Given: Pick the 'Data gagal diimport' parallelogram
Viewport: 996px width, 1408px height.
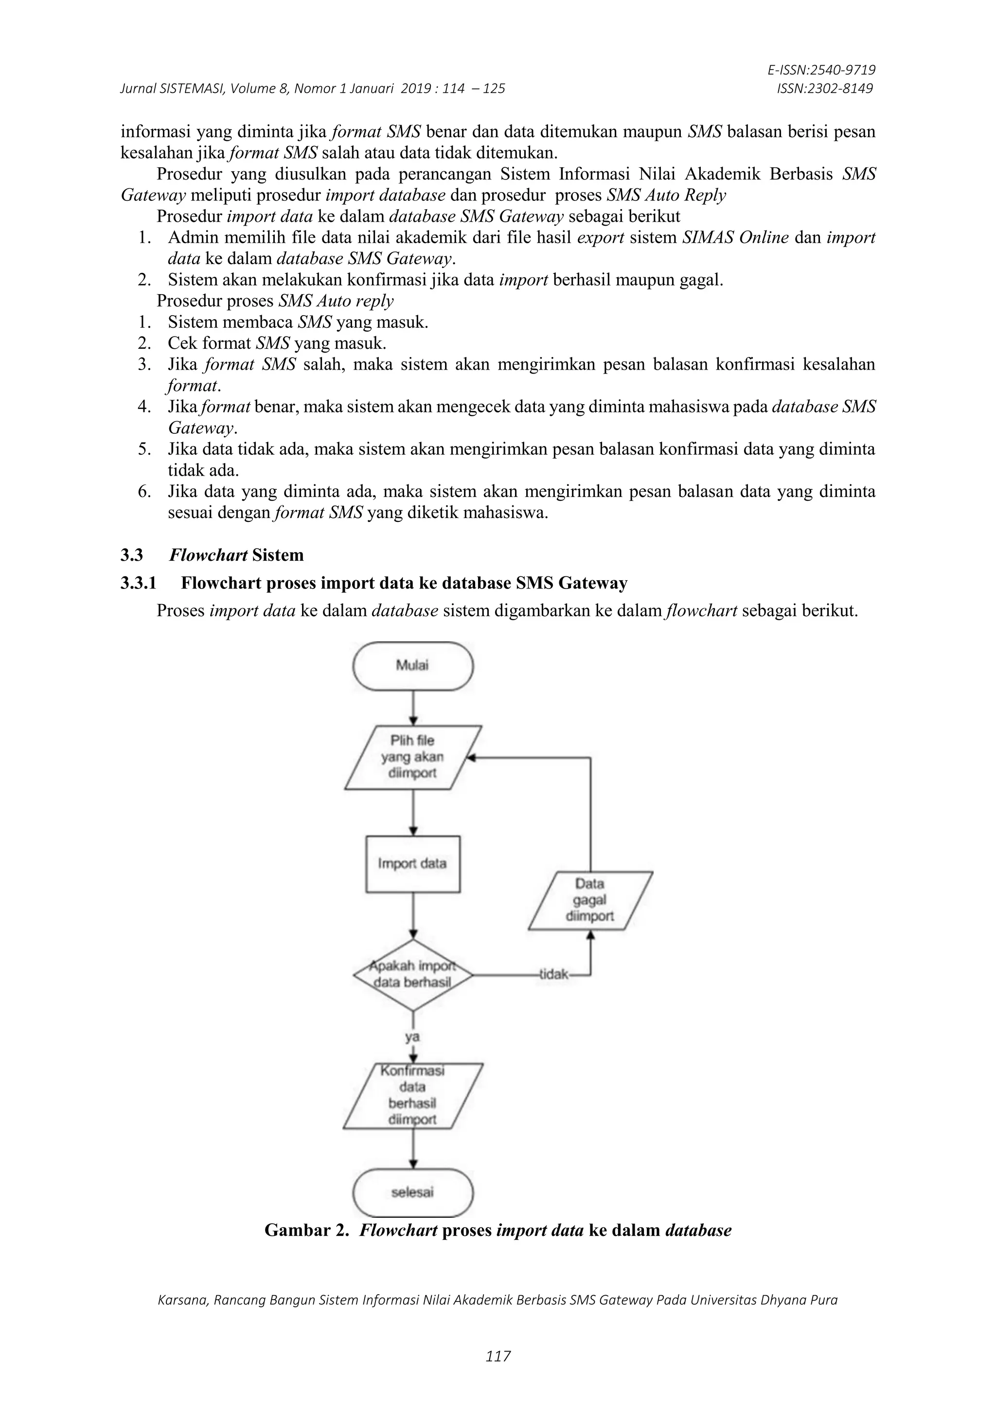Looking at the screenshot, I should point(590,900).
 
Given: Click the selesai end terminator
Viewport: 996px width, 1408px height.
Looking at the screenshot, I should point(413,1192).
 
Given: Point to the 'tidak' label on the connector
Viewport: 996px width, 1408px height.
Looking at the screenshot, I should point(554,975).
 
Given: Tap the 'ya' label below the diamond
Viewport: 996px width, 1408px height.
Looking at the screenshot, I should point(412,1037).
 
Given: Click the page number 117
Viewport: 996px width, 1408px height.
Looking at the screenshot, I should point(498,1356).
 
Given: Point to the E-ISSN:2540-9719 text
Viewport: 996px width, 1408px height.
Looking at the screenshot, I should point(821,70).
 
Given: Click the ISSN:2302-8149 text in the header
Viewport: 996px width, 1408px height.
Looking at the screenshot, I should point(824,89).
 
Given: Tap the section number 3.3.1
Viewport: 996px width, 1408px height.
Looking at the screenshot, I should point(138,583).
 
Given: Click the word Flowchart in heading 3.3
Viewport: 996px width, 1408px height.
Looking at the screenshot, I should point(208,555).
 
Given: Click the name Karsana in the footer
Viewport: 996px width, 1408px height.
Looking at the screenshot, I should point(182,1300).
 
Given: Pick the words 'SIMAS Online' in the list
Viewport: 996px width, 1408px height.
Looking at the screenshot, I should point(735,237).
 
